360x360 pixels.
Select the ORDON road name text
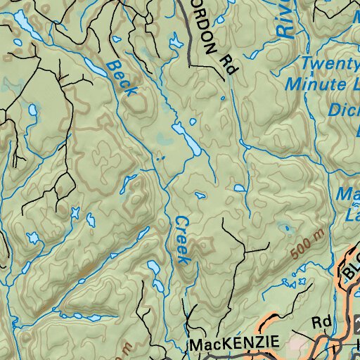click(x=205, y=38)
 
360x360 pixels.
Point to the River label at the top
click(x=285, y=18)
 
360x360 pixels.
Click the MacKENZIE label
click(x=234, y=345)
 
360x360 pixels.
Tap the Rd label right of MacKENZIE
click(x=321, y=323)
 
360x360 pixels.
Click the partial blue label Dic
click(x=345, y=110)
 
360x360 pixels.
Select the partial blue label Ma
click(x=349, y=193)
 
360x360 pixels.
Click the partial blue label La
click(x=349, y=216)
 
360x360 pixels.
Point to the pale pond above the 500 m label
click(x=284, y=227)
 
